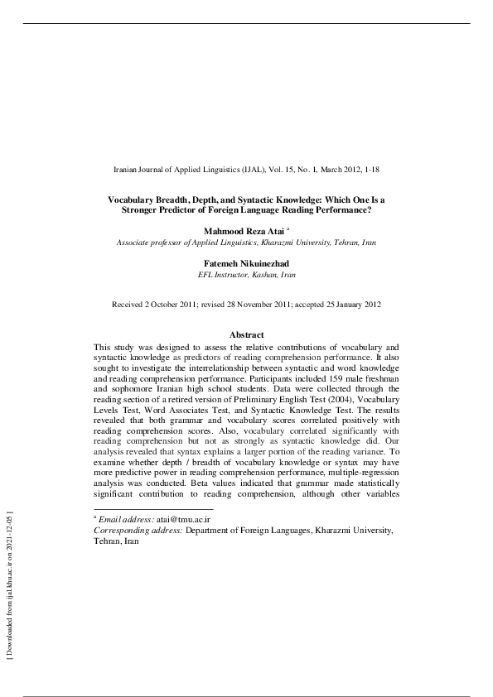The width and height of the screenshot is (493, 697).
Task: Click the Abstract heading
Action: (x=246, y=334)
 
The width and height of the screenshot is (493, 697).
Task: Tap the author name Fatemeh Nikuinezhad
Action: (x=246, y=262)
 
